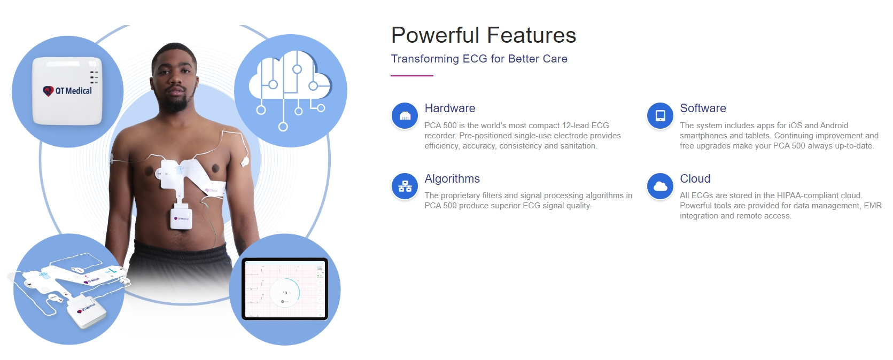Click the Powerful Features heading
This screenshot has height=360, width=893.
pyautogui.click(x=484, y=35)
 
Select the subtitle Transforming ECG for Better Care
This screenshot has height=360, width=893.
pyautogui.click(x=479, y=59)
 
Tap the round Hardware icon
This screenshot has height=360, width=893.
pyautogui.click(x=405, y=116)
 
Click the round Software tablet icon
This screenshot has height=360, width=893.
pyautogui.click(x=660, y=116)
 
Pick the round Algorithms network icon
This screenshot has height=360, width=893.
pyautogui.click(x=405, y=186)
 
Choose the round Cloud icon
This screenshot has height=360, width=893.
pyautogui.click(x=660, y=186)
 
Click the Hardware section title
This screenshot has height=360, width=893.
pyautogui.click(x=449, y=108)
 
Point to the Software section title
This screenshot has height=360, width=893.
pyautogui.click(x=703, y=108)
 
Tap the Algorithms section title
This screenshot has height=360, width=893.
pyautogui.click(x=452, y=178)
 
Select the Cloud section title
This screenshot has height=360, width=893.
pyautogui.click(x=695, y=178)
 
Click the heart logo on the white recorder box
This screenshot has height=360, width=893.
pyautogui.click(x=48, y=91)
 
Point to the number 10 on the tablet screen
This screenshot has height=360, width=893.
pyautogui.click(x=285, y=293)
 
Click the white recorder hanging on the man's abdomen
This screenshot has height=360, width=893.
pyautogui.click(x=181, y=217)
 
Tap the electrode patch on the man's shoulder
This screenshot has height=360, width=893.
pyautogui.click(x=245, y=161)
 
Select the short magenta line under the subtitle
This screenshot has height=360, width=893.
pyautogui.click(x=412, y=75)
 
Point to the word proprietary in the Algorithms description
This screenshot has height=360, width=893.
pyautogui.click(x=460, y=196)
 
